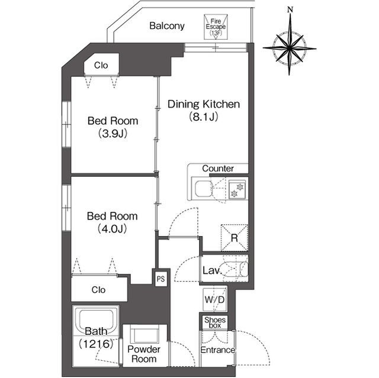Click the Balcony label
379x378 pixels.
(167, 26)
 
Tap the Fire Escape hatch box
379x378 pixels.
(216, 27)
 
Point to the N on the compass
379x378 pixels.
(290, 9)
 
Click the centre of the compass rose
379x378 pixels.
(290, 49)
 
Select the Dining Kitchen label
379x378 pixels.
(204, 104)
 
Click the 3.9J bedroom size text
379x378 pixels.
(113, 134)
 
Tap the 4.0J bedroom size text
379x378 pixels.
(113, 228)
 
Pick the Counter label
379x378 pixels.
(218, 169)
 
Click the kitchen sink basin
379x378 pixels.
(204, 189)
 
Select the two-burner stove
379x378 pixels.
(237, 190)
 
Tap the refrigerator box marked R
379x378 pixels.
(235, 238)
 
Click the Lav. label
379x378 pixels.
(212, 270)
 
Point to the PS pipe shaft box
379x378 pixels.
(160, 279)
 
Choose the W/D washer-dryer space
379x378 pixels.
(214, 300)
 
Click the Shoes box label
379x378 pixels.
(215, 323)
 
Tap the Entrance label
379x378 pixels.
(218, 350)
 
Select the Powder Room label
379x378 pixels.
(144, 354)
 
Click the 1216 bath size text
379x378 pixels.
(96, 344)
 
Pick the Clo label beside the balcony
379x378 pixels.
(101, 65)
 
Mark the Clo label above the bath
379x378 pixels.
(98, 290)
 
